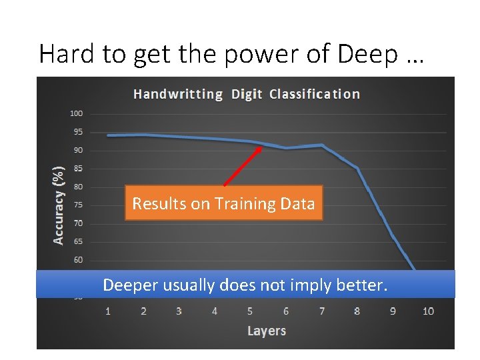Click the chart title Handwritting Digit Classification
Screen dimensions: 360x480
246,94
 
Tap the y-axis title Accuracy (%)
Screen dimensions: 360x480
59,205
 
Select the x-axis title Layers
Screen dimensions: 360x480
267,331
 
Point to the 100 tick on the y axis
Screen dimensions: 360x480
77,113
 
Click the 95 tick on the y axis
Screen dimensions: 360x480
79,132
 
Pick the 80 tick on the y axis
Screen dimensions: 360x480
79,187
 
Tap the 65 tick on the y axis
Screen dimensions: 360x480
79,242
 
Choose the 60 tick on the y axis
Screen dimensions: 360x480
79,260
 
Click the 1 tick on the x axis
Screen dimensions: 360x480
108,311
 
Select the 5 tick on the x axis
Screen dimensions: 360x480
250,311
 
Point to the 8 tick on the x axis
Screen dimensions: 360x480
357,311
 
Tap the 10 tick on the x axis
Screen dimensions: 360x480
428,311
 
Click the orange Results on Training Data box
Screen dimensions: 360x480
223,203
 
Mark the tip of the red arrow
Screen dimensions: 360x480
262,147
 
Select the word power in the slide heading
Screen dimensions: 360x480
249,53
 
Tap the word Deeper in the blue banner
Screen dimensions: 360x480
131,286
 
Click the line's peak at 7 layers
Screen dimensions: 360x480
322,145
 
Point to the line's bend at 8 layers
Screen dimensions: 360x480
357,168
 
